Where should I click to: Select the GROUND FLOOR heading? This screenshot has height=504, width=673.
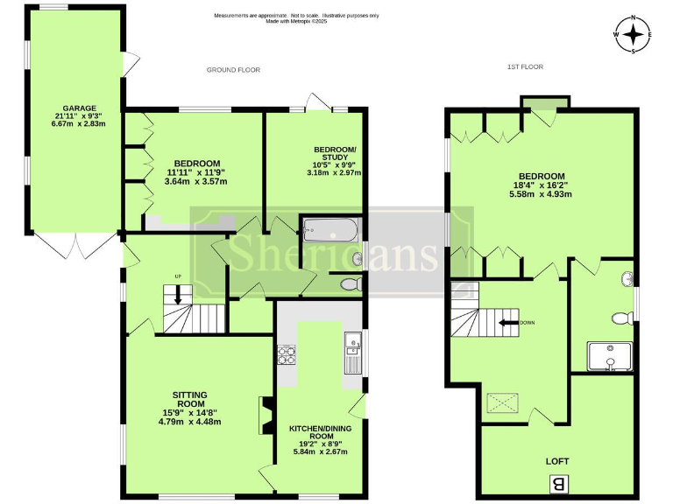pos(233,69)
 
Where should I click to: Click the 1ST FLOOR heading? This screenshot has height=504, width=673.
pos(526,67)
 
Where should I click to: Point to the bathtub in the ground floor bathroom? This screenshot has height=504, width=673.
pos(330,231)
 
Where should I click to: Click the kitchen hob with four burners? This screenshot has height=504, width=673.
pos(287,354)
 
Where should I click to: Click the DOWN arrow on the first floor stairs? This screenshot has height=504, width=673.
pos(507,322)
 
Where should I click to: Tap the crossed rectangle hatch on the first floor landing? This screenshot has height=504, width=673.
pos(503,403)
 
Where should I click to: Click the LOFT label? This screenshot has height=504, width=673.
pos(557,458)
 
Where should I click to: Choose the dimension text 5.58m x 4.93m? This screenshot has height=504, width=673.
pos(542,194)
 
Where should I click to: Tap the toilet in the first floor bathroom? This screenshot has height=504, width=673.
pos(623,317)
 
